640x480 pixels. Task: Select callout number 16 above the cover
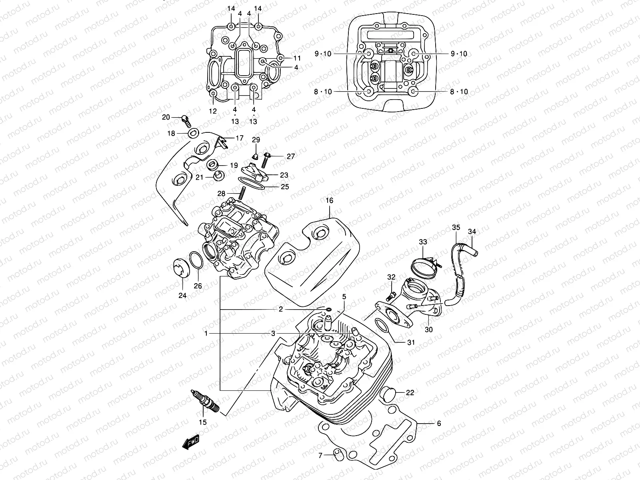coord(329,201)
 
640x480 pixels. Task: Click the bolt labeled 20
coord(186,119)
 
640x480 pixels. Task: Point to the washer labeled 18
coord(194,133)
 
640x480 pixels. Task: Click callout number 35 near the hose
coord(456,228)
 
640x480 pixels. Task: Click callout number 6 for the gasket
coord(439,423)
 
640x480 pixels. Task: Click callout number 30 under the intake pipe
coord(429,330)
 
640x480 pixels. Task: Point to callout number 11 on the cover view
coord(297,58)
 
